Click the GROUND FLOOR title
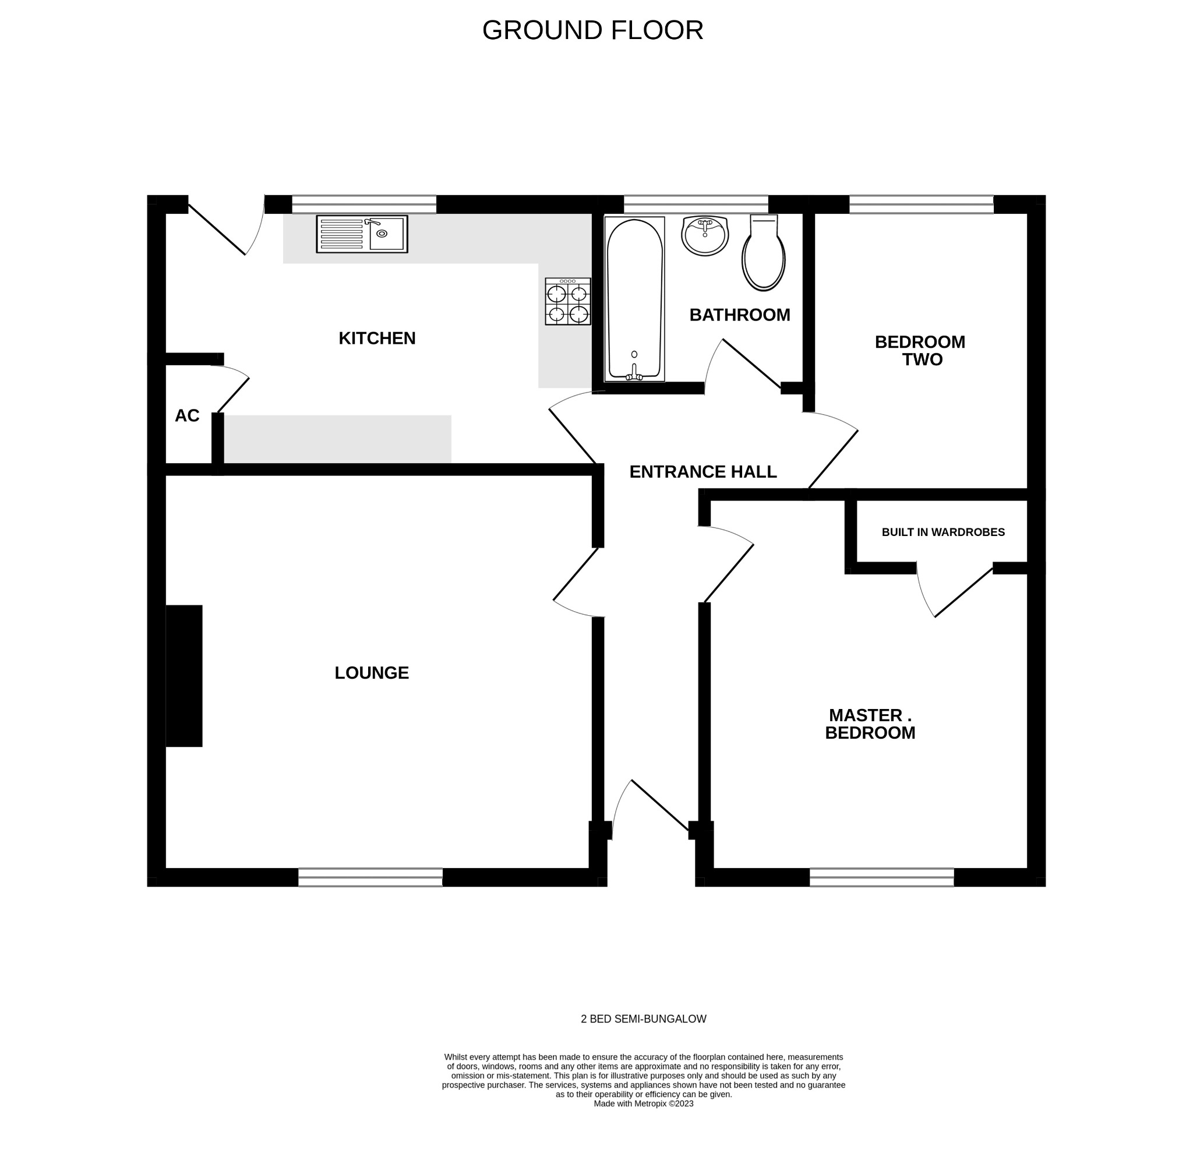tap(592, 30)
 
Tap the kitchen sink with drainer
tap(362, 234)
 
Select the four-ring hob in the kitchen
tap(568, 302)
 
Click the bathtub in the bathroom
tap(634, 299)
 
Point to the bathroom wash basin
tap(705, 235)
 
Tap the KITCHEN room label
tap(377, 338)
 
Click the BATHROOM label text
tap(740, 315)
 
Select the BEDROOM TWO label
tap(920, 350)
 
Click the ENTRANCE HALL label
tap(703, 472)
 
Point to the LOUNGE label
tap(372, 672)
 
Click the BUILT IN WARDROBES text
tap(943, 532)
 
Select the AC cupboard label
tap(187, 416)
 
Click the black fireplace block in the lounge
tap(184, 676)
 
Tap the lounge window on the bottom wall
tap(370, 877)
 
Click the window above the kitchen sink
tap(364, 204)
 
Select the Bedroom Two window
tap(921, 204)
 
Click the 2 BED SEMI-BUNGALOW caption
tap(644, 1019)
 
